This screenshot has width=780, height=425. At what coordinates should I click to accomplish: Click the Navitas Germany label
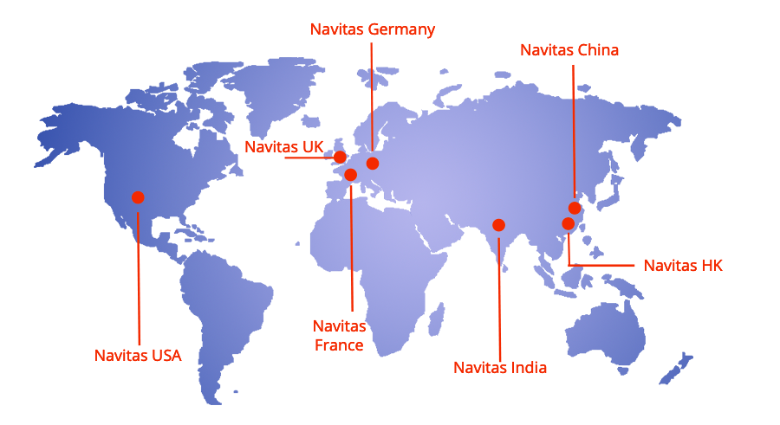pos(373,29)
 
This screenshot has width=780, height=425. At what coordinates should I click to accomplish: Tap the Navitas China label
pos(569,50)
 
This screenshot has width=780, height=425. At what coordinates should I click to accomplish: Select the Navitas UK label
pos(283,147)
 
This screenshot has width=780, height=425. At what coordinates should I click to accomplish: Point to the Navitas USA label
pos(138,355)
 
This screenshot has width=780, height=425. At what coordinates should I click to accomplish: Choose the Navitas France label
pos(339,336)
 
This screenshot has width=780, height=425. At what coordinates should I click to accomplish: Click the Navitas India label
pos(500,368)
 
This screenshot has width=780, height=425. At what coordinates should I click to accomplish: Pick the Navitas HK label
pos(683,266)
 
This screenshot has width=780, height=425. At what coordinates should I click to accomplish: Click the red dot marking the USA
pos(138,197)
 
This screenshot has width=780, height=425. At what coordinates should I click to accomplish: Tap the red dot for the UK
pos(340,157)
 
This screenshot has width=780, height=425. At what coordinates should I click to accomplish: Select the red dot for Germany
pos(373,163)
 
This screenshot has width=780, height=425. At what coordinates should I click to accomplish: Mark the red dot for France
pos(351,175)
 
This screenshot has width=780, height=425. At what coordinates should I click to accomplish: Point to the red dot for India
pos(498,225)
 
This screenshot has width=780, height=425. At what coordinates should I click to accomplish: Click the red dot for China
pos(575,208)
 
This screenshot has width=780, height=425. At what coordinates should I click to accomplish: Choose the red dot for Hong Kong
pos(568,224)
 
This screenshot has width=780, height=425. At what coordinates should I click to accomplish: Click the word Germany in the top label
pos(401,29)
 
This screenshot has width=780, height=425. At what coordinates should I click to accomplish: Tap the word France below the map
pos(339,345)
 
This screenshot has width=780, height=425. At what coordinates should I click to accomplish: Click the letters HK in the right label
pos(712,266)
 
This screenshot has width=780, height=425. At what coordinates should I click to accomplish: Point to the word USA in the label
pos(166,355)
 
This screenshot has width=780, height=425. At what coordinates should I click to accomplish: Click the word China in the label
pos(597,50)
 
